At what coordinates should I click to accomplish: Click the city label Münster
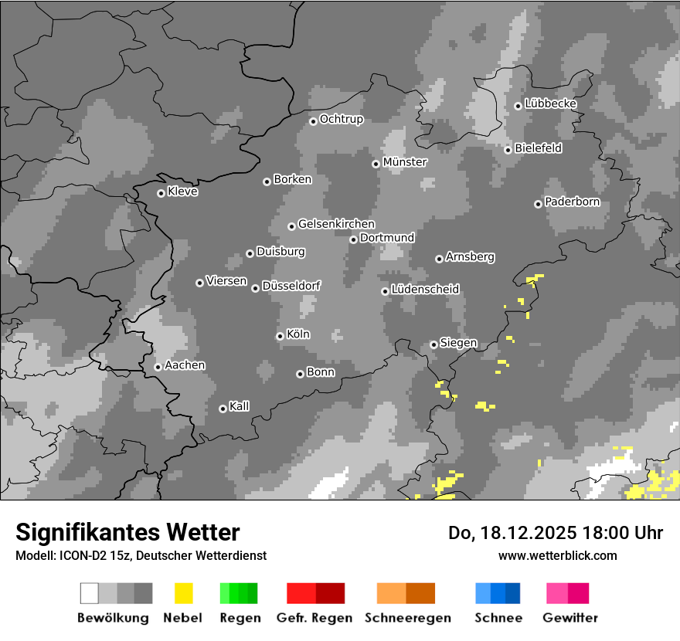coord(405,162)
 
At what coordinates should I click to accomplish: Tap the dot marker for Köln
coord(280,336)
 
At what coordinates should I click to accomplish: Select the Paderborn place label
coord(572,202)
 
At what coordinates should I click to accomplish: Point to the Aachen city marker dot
coord(158,367)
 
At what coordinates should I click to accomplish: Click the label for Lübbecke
coord(550,103)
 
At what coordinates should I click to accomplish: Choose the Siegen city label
coord(458,343)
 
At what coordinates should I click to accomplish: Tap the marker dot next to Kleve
coord(161,193)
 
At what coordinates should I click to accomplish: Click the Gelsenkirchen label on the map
coord(336,224)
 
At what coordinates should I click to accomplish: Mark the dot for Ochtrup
coord(313,120)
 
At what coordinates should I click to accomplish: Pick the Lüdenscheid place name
coord(425,289)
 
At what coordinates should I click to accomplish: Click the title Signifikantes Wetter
coord(127,532)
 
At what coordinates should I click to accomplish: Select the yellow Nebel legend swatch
coord(183,593)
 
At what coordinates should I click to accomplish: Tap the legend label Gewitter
coord(570,618)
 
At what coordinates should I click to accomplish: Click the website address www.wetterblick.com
coord(557,555)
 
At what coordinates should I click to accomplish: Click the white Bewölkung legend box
coord(89,593)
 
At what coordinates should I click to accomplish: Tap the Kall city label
coord(240,406)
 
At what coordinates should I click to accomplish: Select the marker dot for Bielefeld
coord(508,150)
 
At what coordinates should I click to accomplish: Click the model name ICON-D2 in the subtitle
coord(80,555)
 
